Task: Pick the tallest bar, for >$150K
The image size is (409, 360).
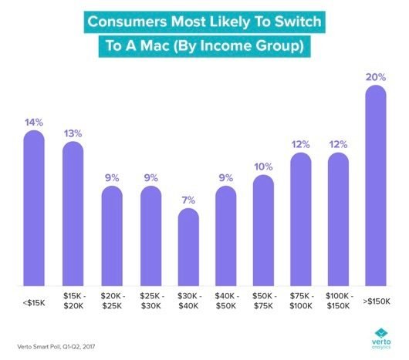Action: pyautogui.click(x=374, y=185)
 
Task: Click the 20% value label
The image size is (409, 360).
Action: pyautogui.click(x=374, y=77)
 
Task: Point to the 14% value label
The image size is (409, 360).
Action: pyautogui.click(x=35, y=122)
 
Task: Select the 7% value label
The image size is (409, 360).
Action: pyautogui.click(x=188, y=200)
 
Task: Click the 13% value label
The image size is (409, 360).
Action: pyautogui.click(x=73, y=133)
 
